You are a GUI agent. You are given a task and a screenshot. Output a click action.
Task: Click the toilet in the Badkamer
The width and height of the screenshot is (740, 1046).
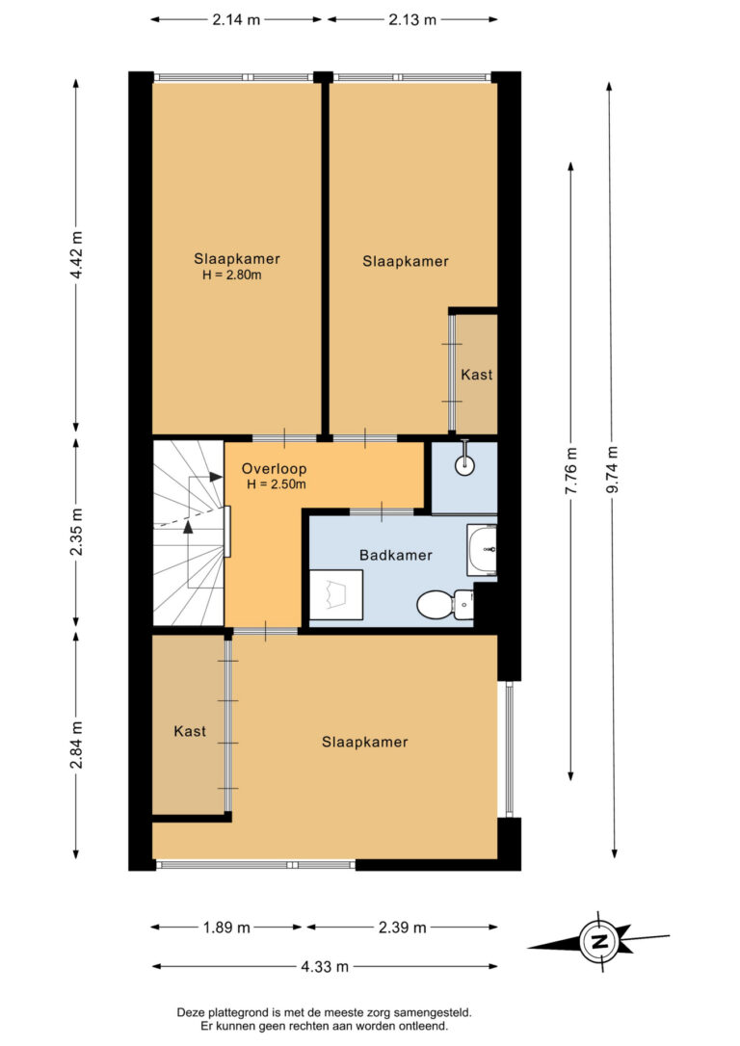pyautogui.click(x=445, y=604)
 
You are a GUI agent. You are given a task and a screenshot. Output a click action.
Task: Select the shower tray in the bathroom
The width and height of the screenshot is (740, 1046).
pyautogui.click(x=336, y=594)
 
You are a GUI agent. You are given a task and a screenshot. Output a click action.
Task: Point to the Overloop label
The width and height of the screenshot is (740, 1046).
pyautogui.click(x=274, y=468)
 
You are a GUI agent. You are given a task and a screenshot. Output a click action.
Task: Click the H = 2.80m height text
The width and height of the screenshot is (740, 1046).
pyautogui.click(x=232, y=275)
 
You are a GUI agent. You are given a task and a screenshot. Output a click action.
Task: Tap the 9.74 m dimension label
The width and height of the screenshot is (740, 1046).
pyautogui.click(x=613, y=469)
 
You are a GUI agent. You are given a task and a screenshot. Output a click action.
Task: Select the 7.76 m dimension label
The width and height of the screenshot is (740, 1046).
pyautogui.click(x=571, y=471)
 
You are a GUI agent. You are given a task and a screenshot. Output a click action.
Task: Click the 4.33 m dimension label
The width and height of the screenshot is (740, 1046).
pyautogui.click(x=325, y=966)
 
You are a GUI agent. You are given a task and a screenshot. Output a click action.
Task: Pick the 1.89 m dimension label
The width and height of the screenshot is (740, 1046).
pyautogui.click(x=226, y=928)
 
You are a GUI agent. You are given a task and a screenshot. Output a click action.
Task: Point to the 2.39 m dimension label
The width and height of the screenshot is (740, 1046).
pyautogui.click(x=403, y=928)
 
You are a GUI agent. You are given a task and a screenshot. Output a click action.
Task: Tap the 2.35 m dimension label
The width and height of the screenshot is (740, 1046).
pyautogui.click(x=77, y=532)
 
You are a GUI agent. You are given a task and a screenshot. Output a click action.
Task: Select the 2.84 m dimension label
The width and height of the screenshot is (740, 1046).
pyautogui.click(x=77, y=745)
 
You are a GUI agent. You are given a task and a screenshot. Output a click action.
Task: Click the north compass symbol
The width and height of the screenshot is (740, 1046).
pyautogui.click(x=598, y=941)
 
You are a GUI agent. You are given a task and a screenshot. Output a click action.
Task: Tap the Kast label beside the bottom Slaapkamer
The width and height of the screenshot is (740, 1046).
pyautogui.click(x=190, y=731)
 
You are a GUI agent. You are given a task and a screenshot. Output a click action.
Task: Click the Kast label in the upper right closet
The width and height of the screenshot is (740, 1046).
pyautogui.click(x=476, y=375)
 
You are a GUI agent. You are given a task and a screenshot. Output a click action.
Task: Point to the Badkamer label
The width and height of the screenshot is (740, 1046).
pyautogui.click(x=396, y=555)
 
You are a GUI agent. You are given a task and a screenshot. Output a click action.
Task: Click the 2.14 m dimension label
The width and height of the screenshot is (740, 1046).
pyautogui.click(x=236, y=19)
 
